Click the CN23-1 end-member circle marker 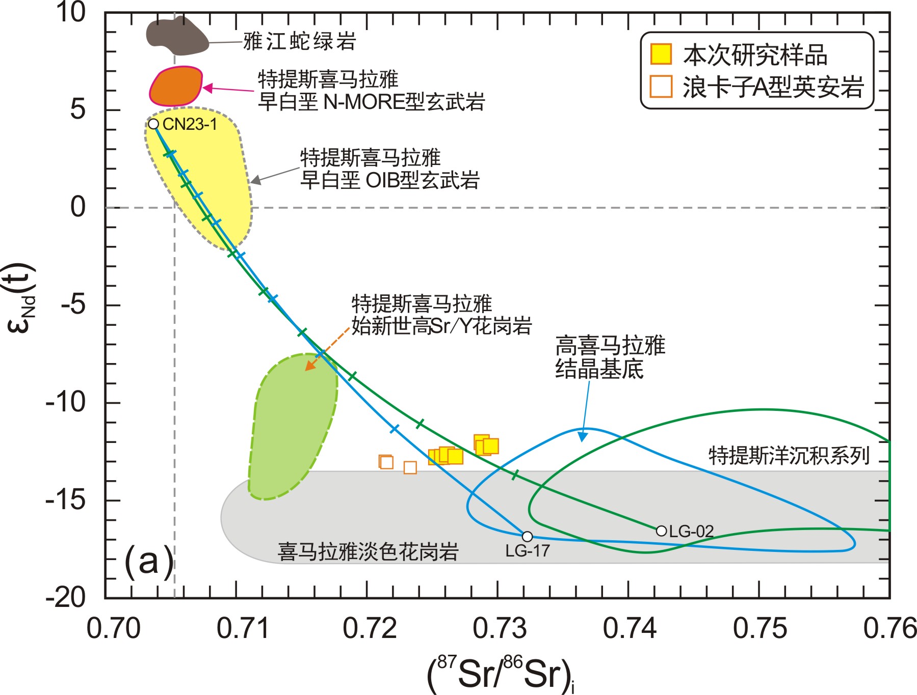coord(153,124)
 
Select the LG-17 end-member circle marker coord(527,537)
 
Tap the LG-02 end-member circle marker coord(661,531)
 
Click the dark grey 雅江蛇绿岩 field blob coord(176,36)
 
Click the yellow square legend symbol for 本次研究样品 coord(661,54)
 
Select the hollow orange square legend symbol coord(661,86)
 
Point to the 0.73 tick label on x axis coord(499,628)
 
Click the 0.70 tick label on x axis coord(113,628)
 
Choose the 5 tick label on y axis coord(78,109)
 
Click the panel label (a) coord(148,562)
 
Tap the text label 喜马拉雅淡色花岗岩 coord(368,552)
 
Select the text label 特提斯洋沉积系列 coord(789,455)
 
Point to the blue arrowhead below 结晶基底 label coord(583,436)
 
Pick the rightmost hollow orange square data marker coord(410,467)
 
